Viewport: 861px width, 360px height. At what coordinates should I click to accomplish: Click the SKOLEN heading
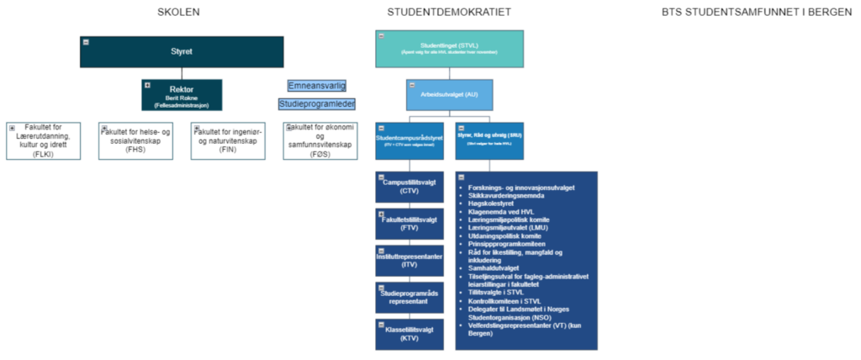point(179,12)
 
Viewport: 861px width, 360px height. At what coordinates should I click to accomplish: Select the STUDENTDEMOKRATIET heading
point(449,12)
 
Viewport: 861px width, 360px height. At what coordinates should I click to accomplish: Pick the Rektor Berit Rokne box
point(182,95)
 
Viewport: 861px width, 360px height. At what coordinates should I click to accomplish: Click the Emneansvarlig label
point(317,86)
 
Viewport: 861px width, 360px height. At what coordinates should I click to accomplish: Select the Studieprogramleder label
point(317,103)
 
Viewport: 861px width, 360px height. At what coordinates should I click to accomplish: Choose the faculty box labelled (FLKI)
point(44,140)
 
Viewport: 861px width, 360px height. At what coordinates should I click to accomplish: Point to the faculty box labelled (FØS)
point(320,140)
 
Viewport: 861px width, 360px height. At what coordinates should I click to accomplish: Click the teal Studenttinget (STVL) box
point(449,49)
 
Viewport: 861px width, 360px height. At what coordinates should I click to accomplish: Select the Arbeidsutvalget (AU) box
point(449,95)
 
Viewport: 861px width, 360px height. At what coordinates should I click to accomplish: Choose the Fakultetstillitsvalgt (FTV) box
point(409,224)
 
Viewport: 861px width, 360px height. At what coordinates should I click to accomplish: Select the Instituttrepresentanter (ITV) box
point(409,260)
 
